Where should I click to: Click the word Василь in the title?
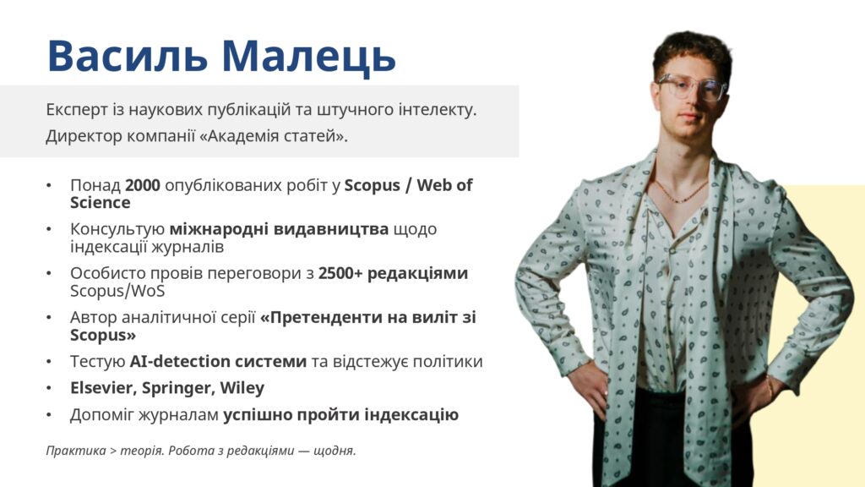(128, 57)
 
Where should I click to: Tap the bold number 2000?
(142, 185)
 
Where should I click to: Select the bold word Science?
(101, 203)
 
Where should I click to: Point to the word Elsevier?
(103, 387)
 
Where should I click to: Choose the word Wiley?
(242, 388)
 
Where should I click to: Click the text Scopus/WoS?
(117, 291)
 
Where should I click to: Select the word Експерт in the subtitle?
(77, 110)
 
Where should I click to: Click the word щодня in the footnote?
(335, 451)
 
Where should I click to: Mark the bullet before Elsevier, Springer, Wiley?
(49, 388)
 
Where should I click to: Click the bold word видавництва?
(331, 228)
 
